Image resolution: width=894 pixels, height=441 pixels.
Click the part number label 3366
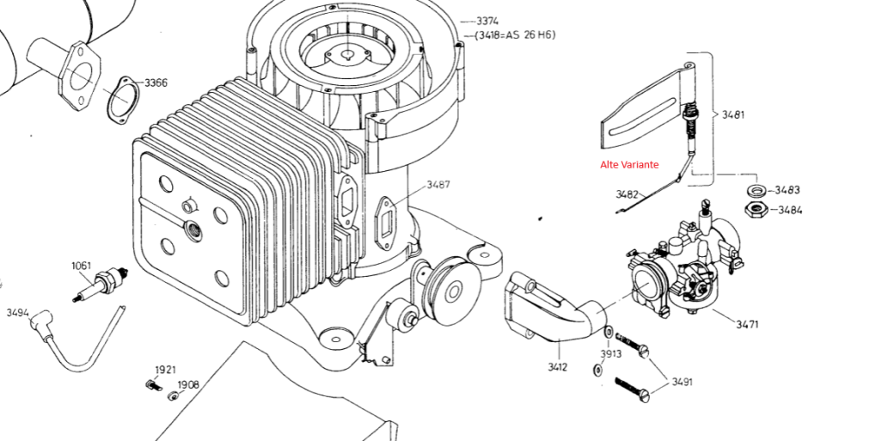(156, 83)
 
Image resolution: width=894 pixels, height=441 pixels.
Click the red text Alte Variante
(629, 164)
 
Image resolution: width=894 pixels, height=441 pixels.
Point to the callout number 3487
(438, 184)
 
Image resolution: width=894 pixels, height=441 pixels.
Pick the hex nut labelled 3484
(756, 210)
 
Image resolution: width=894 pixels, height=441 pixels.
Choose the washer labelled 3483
(756, 189)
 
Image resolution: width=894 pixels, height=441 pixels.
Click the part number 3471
(747, 324)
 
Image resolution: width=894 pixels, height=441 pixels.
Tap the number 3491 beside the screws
(682, 382)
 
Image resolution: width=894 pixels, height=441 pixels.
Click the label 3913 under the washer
(610, 353)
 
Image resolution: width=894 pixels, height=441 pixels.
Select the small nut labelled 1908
(173, 396)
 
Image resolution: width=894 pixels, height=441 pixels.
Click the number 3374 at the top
(487, 21)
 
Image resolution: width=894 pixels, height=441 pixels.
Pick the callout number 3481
(732, 114)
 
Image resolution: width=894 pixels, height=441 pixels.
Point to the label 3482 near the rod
(627, 194)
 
